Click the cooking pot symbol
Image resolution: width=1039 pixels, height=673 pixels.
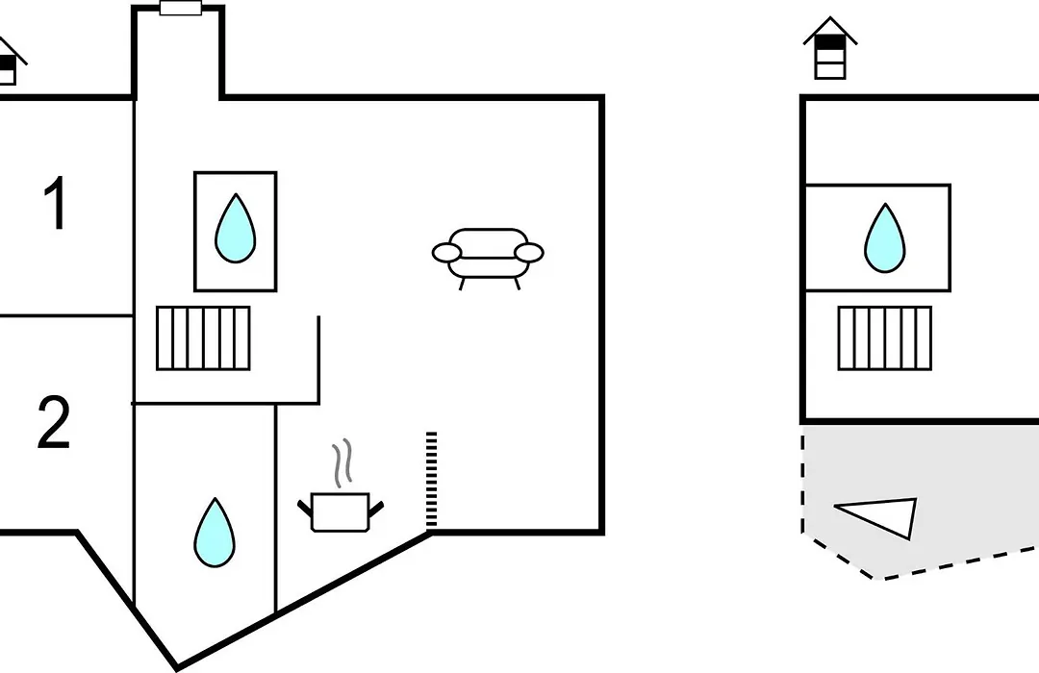click(341, 512)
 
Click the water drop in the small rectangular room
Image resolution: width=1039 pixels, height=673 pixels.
click(236, 228)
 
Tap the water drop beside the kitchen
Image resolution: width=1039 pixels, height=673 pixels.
click(215, 533)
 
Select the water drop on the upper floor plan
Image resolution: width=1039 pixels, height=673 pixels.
click(885, 237)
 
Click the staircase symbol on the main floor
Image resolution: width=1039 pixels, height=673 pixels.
click(203, 337)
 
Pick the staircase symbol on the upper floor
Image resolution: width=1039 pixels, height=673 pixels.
click(885, 337)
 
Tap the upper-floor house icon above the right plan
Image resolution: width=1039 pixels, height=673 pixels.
click(830, 48)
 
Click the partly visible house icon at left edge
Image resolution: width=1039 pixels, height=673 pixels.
click(10, 61)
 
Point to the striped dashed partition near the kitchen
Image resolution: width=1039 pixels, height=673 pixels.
click(431, 480)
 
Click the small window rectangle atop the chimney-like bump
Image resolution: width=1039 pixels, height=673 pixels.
click(181, 8)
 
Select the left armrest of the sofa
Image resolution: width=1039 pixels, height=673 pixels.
click(446, 252)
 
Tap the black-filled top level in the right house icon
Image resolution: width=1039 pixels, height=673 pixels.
click(830, 42)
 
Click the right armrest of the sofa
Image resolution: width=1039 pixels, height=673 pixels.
click(529, 252)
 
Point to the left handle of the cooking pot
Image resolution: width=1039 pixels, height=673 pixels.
click(306, 509)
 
